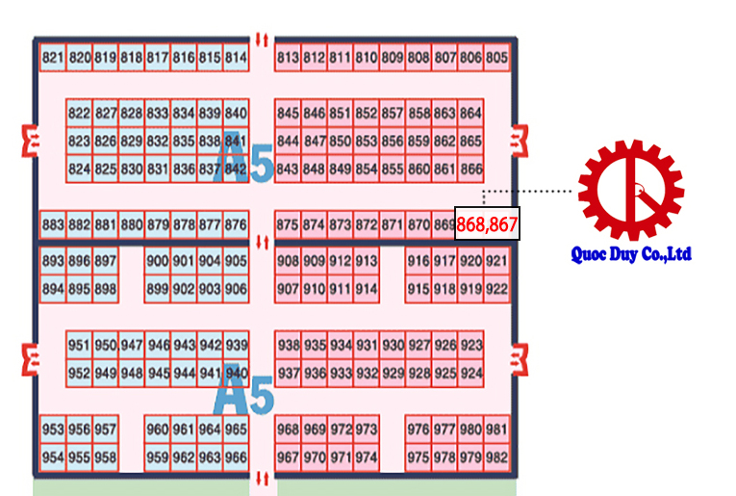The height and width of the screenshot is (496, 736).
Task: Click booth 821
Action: pos(53,58)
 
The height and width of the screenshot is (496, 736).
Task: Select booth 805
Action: pos(496,58)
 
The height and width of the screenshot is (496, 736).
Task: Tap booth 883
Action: pos(53,225)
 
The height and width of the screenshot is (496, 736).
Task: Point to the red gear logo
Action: pos(630,191)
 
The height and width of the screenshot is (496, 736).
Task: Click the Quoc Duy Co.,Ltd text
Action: pos(630,255)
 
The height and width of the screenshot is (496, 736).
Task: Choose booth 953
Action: pos(53,430)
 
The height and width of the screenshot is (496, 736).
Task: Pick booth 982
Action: pos(496,457)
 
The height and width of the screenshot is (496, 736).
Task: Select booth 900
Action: pos(157,261)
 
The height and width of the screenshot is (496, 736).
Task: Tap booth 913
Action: pos(366,261)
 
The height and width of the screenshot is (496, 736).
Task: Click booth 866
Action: pos(470,170)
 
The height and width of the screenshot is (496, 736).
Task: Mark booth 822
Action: pos(79,114)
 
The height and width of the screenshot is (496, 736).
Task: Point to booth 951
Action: pos(79,346)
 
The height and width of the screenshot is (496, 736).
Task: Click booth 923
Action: pos(470,346)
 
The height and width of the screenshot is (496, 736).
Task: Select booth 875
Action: pos(287,225)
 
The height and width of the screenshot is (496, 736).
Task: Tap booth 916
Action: pos(418,261)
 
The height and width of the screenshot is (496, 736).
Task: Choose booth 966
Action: pos(236,457)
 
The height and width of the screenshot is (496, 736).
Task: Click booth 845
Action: pos(287,114)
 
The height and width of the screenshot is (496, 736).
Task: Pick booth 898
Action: pos(105,289)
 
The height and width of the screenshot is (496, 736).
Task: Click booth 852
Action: pos(366,114)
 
